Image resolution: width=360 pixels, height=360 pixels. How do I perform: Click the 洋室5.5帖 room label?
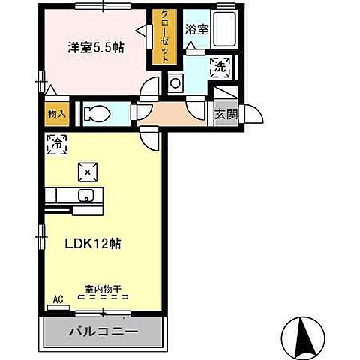click(x=97, y=46)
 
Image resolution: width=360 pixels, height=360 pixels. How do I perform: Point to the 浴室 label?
click(x=196, y=31)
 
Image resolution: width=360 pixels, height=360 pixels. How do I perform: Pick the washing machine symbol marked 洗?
click(x=222, y=66)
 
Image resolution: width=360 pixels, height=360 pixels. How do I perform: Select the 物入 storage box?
click(x=57, y=114)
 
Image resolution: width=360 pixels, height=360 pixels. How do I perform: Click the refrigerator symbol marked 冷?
click(x=55, y=144)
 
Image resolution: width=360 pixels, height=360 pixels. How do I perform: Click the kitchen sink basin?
click(x=85, y=197)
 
